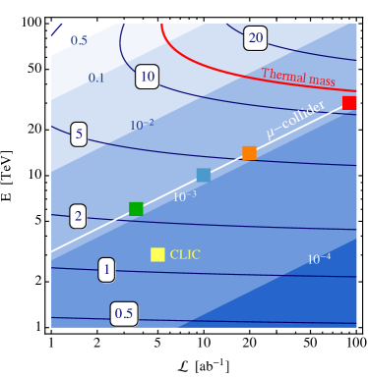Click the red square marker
[x=349, y=102]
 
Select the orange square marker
[x=249, y=153]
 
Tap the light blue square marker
[x=204, y=175]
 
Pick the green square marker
[x=136, y=208]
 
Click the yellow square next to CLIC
[x=157, y=254]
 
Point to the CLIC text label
[x=185, y=254]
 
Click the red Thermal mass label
[x=298, y=77]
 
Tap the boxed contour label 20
[x=256, y=38]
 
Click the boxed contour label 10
[x=148, y=76]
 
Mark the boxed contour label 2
[x=77, y=216]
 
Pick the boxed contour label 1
[x=106, y=269]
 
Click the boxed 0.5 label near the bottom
[x=124, y=314]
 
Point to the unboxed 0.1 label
[x=96, y=78]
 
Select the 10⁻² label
[x=142, y=125]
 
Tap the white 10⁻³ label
[x=184, y=196]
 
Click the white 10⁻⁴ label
[x=319, y=259]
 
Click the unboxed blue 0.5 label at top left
[x=78, y=40]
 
